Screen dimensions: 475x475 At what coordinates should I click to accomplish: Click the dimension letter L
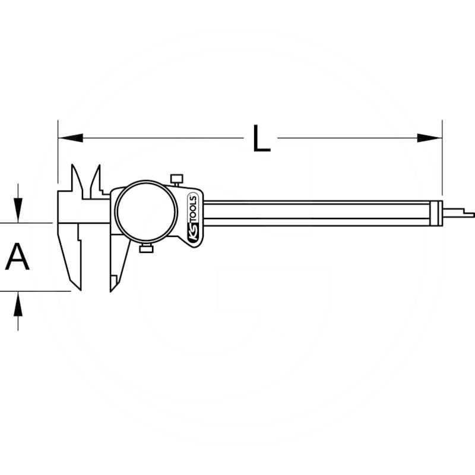[x=261, y=138]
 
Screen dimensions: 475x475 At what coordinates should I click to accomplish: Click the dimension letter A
[x=17, y=256]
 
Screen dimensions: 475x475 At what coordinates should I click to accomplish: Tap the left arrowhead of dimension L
[x=70, y=138]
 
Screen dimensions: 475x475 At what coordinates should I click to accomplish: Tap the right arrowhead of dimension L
[x=429, y=138]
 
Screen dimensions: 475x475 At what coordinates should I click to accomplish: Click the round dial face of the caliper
[x=146, y=211]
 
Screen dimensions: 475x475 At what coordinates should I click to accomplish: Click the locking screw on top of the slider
[x=176, y=179]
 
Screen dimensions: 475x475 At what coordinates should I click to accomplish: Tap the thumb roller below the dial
[x=146, y=249]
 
